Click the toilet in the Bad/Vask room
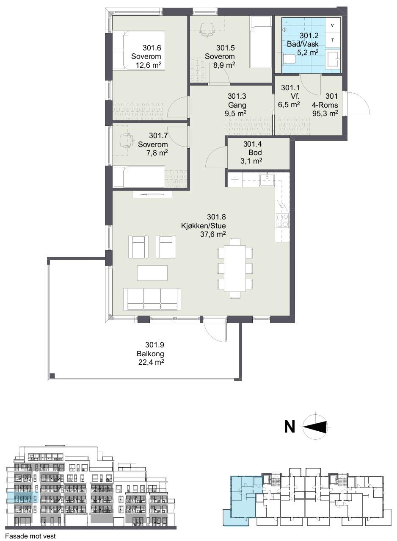click(289, 58)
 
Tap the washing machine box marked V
click(333, 25)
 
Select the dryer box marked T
click(333, 40)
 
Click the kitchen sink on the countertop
click(267, 180)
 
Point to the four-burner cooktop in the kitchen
click(282, 220)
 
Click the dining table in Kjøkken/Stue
click(235, 268)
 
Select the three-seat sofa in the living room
click(152, 299)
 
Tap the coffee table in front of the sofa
click(152, 273)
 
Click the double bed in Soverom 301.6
click(139, 50)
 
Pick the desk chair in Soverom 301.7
click(127, 141)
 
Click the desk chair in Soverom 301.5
click(207, 30)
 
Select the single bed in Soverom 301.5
click(260, 42)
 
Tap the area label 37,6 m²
click(213, 234)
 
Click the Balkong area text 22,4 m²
click(151, 362)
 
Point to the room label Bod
click(255, 153)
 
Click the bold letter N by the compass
click(289, 427)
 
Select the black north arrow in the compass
click(315, 427)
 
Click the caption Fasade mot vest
click(30, 536)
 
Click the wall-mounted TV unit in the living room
click(152, 194)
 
